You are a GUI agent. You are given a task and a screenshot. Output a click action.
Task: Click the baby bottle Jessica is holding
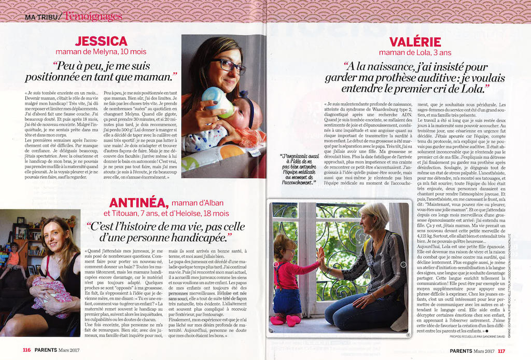tap(217, 102)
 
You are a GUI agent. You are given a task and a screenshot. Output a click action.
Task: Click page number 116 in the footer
tap(26, 350)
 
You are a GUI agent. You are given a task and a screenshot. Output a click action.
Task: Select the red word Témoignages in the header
tap(93, 16)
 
